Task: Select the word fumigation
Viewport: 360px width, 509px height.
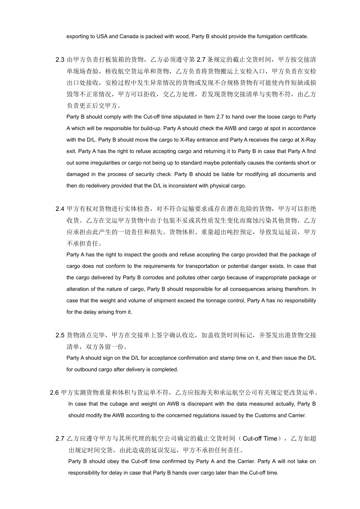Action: (x=263, y=37)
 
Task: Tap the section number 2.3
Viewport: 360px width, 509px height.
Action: (x=60, y=60)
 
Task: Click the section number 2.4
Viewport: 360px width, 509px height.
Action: (x=60, y=209)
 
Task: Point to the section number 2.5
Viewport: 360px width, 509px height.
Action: (x=60, y=336)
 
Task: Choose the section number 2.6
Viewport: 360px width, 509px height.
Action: (x=54, y=393)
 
